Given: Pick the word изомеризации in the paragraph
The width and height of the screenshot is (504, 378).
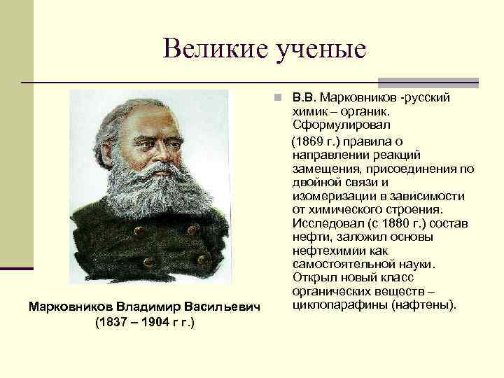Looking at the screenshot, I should tap(325, 197).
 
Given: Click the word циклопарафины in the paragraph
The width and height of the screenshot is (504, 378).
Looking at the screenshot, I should tap(335, 305).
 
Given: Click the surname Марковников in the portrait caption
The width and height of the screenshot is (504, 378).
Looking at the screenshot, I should tap(70, 307).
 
